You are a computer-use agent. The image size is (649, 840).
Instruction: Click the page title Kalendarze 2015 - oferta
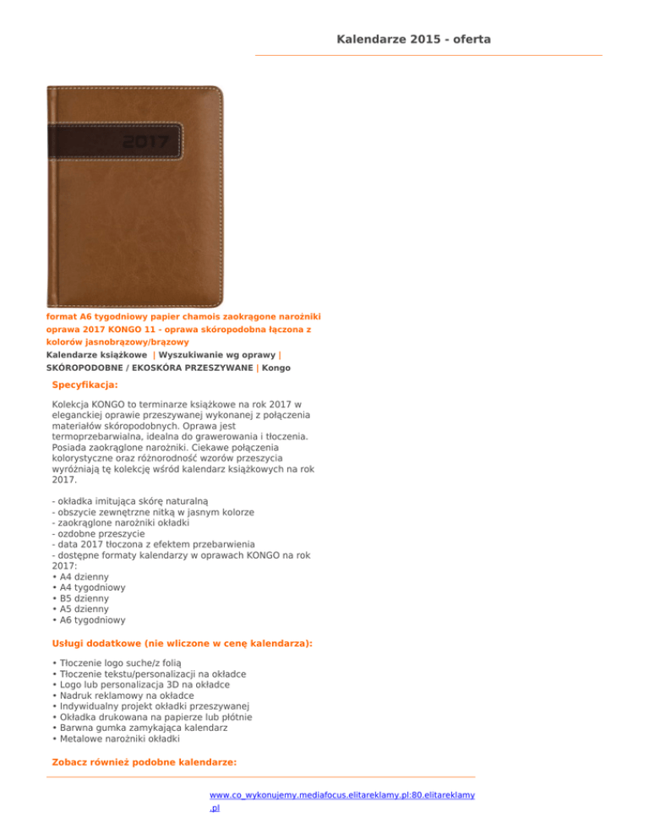(x=413, y=39)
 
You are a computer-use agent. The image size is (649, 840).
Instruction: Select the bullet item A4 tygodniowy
(x=90, y=587)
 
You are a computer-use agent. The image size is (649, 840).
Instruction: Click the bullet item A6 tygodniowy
(x=90, y=619)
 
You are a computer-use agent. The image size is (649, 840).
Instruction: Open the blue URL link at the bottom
(x=342, y=795)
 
